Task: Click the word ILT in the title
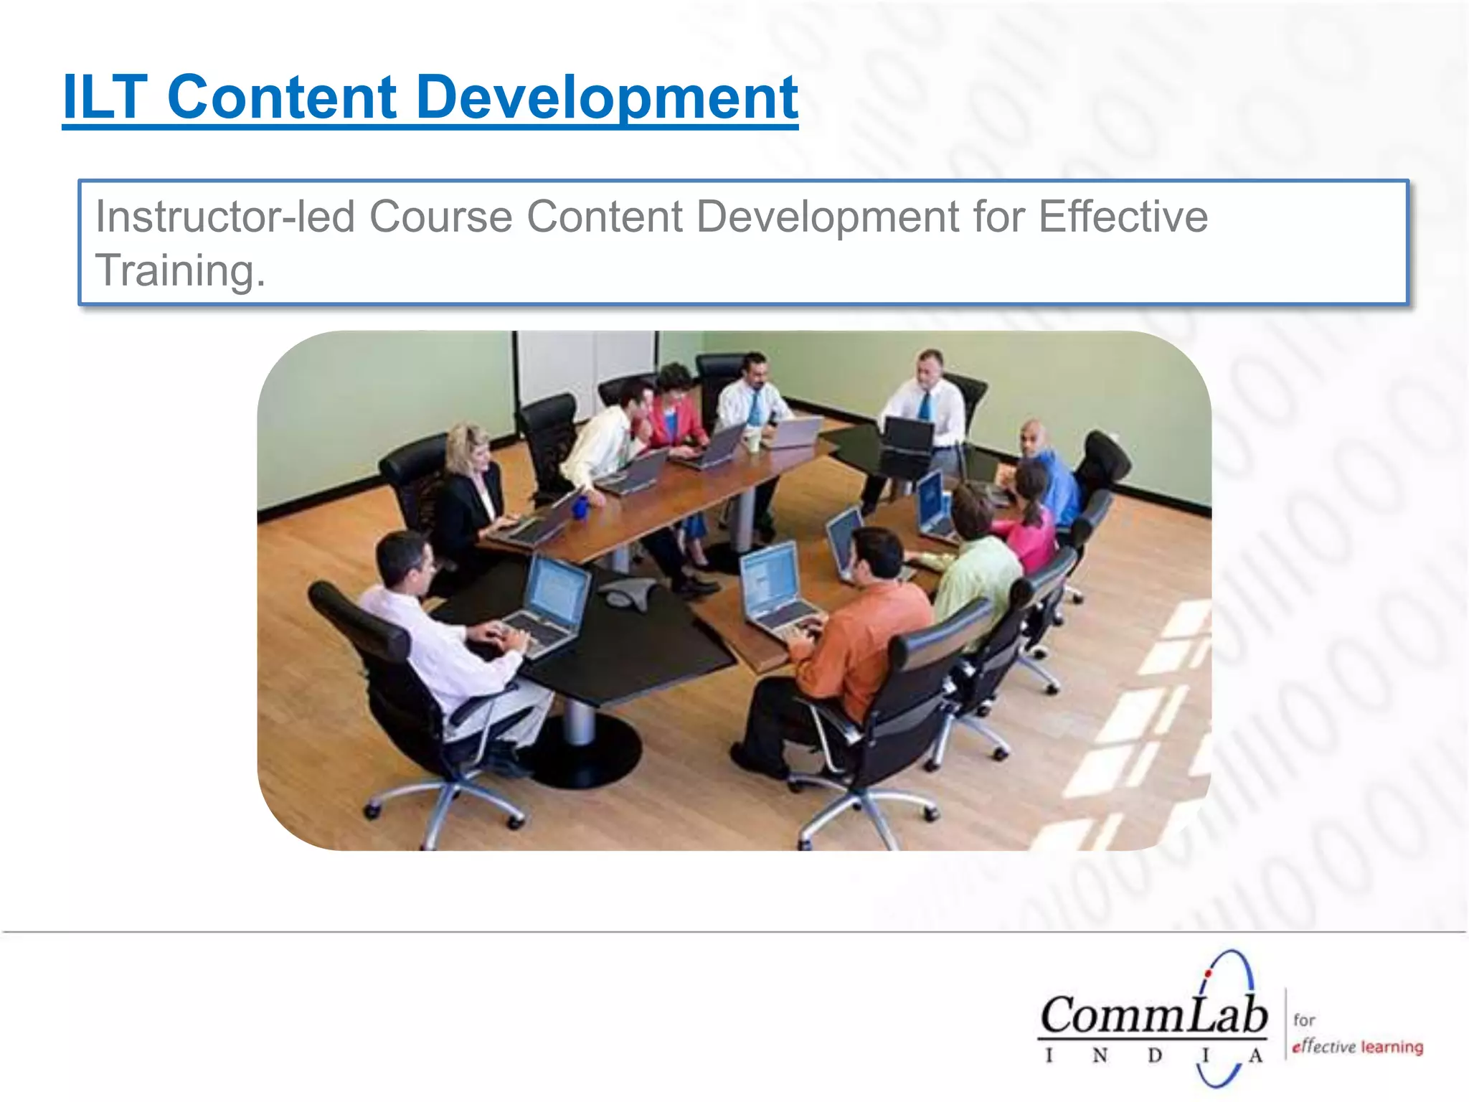(105, 98)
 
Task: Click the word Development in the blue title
(606, 98)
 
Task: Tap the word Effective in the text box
(1123, 216)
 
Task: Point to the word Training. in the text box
(180, 270)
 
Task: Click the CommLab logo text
(1153, 1017)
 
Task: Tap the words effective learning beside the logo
(1357, 1047)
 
